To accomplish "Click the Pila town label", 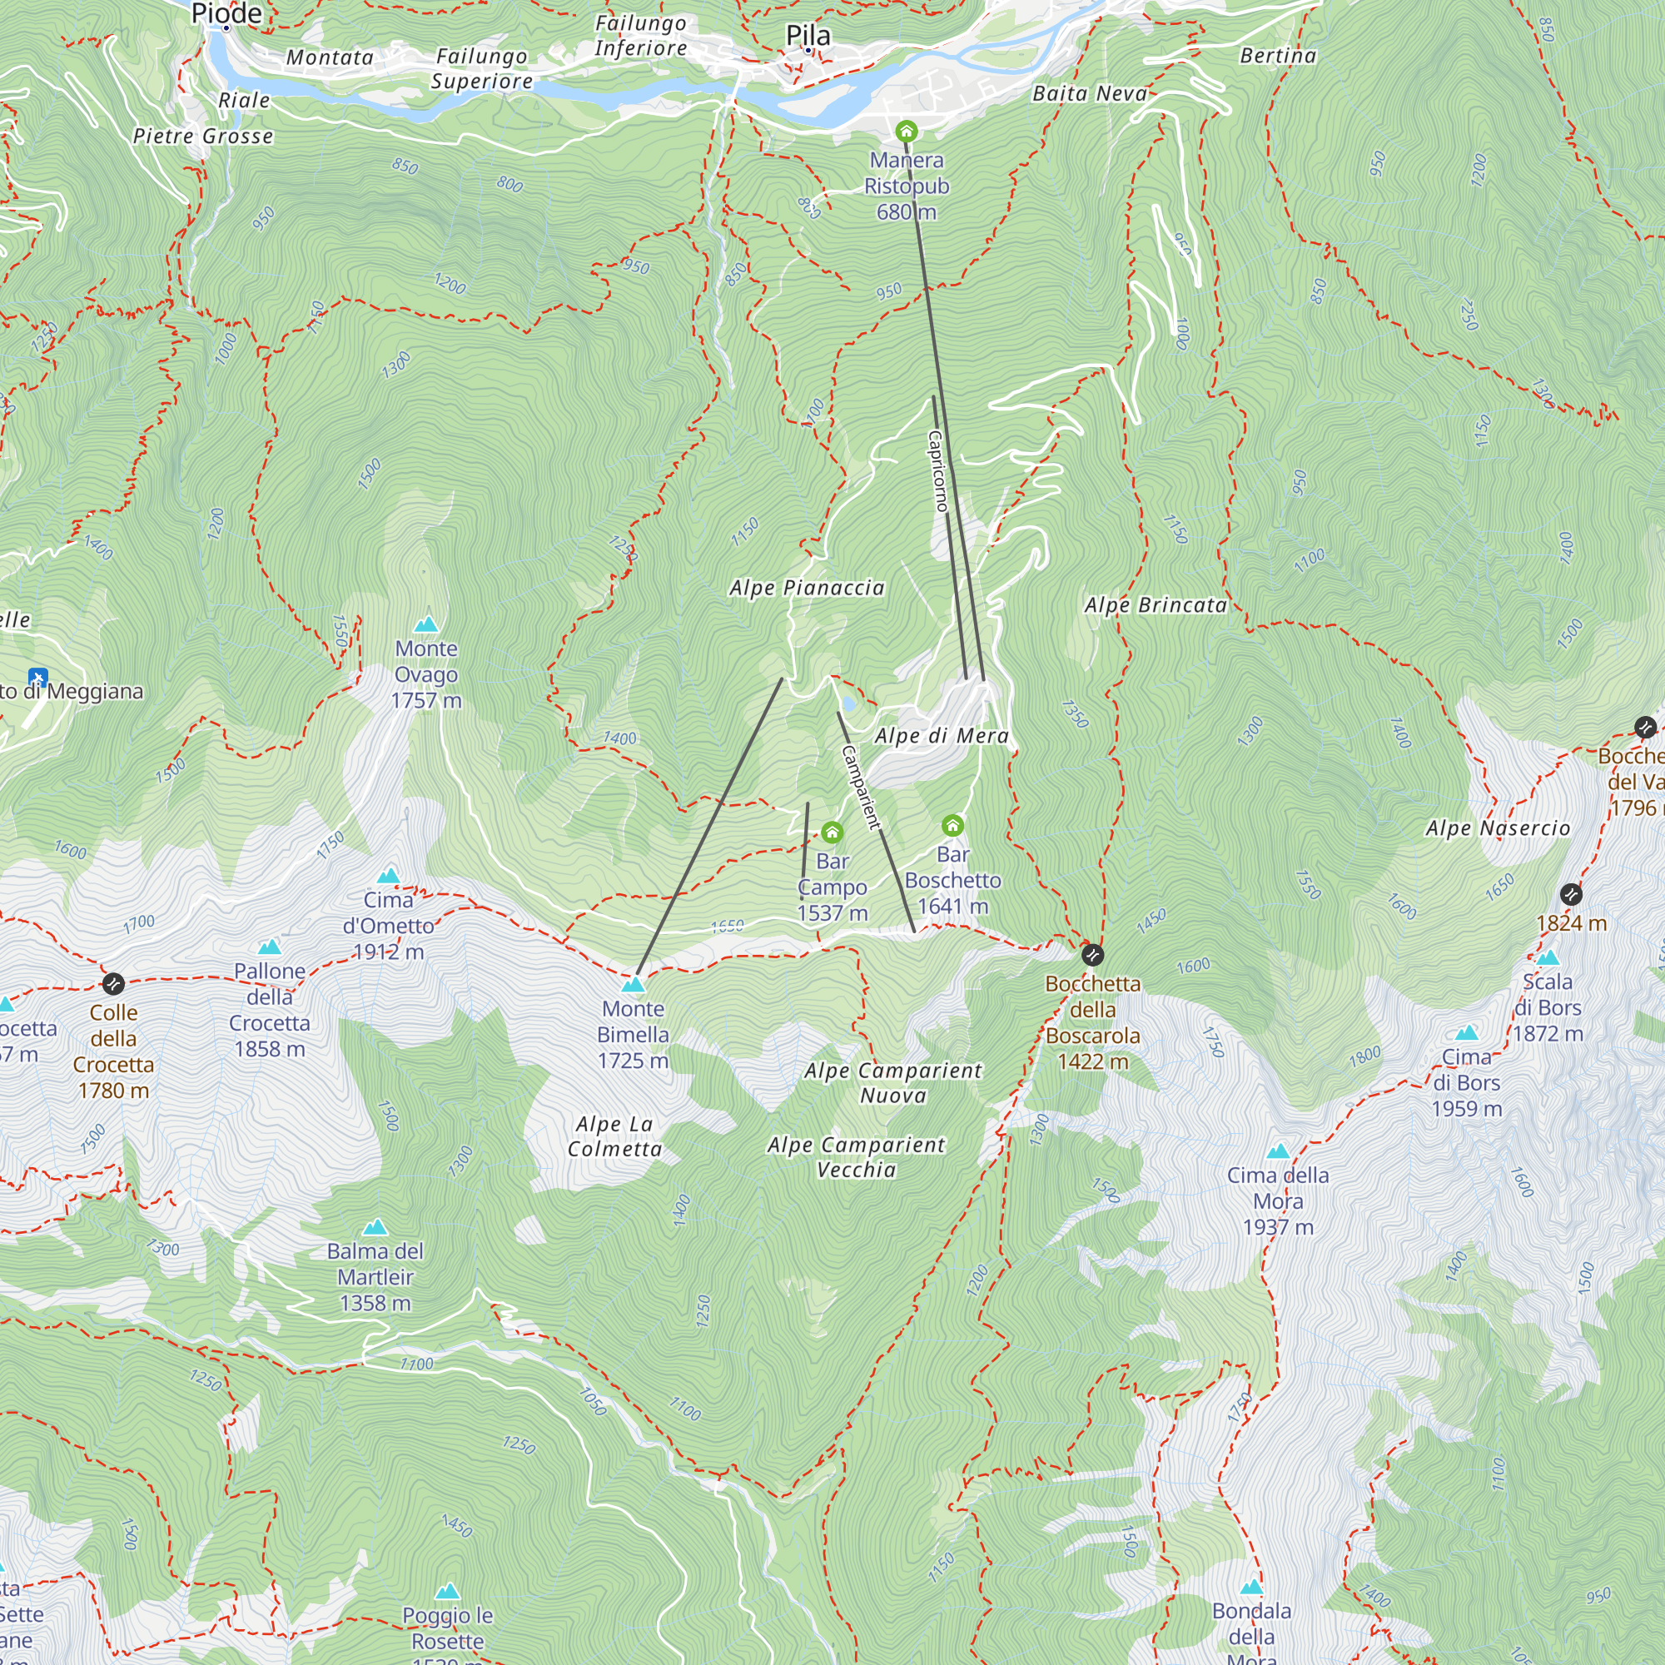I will click(x=808, y=35).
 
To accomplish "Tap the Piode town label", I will click(x=226, y=13).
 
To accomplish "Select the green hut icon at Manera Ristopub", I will click(x=906, y=132).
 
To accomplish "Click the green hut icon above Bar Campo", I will click(x=832, y=832).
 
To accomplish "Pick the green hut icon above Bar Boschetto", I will click(x=952, y=826).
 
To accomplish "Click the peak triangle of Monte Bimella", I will click(x=634, y=984).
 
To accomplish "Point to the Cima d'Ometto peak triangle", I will click(x=389, y=877).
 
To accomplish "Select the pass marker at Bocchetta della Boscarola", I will click(x=1092, y=955).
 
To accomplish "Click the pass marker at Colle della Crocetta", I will click(x=114, y=983).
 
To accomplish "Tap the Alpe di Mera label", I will click(x=941, y=736).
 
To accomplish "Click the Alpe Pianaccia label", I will click(x=807, y=588).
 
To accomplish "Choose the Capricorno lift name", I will click(x=937, y=470).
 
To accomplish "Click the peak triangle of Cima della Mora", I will click(x=1278, y=1151).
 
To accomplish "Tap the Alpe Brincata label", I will click(x=1156, y=605).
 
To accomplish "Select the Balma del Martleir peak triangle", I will click(x=375, y=1227).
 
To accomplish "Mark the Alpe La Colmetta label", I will click(x=614, y=1136).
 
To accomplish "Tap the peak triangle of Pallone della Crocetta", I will click(x=270, y=947).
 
